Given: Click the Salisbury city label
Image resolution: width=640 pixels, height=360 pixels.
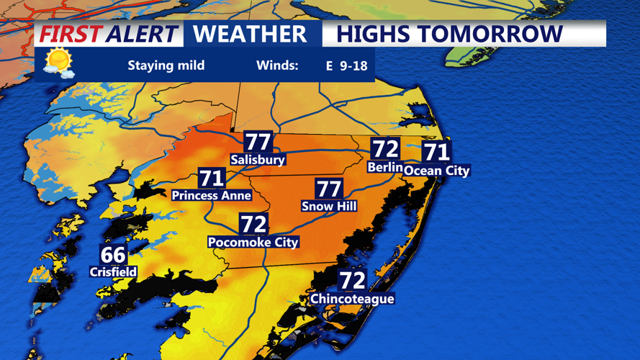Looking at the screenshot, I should (258, 160).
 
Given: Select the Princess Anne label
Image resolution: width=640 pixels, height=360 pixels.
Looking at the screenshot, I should (211, 195).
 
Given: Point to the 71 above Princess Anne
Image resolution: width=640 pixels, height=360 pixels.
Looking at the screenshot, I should (211, 178).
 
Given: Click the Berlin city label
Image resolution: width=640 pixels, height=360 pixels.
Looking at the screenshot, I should (384, 167).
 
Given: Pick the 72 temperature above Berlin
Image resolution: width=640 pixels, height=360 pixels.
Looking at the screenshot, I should (385, 149).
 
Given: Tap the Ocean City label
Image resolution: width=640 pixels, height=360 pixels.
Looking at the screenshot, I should (436, 171).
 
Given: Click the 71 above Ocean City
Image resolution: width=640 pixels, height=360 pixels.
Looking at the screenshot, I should (436, 152).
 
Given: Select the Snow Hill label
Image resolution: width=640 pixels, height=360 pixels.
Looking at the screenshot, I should (329, 207).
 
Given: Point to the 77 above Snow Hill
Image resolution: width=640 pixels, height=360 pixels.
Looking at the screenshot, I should (329, 189).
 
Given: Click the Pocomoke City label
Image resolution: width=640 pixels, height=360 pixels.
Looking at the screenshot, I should (253, 243).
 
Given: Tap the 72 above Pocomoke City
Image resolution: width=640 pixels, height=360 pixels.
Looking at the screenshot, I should (253, 225).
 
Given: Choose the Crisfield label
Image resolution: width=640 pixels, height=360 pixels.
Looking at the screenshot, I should (113, 272).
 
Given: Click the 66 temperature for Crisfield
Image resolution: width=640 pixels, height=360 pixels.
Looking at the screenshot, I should (113, 255).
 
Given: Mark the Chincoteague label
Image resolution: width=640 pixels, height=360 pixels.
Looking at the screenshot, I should (352, 298).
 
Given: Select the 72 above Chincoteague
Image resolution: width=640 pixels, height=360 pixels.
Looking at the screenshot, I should (353, 280).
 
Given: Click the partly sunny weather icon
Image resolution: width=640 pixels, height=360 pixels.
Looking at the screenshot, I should (58, 63).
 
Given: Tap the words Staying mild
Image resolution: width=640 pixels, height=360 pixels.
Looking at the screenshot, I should (166, 66).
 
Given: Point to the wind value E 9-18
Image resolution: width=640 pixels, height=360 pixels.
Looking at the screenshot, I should (346, 66).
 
